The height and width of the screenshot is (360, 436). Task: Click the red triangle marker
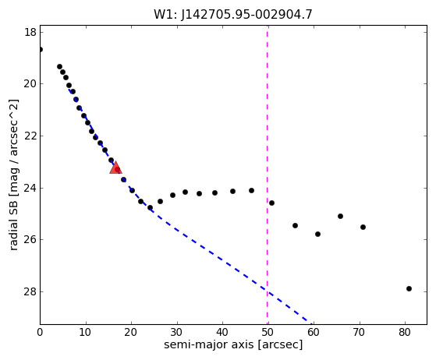(115, 168)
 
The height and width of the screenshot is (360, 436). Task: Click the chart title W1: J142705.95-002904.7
(233, 15)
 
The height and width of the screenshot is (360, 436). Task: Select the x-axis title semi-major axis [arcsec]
(233, 344)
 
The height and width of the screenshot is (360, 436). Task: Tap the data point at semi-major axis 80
(409, 288)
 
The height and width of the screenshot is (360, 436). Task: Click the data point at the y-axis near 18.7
(41, 49)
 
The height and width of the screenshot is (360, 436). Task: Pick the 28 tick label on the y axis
(30, 291)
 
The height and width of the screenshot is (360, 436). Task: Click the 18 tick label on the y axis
(30, 32)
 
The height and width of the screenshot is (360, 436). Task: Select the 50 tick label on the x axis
(268, 332)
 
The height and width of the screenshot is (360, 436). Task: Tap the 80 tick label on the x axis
(404, 332)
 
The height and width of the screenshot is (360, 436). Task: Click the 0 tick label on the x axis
(40, 332)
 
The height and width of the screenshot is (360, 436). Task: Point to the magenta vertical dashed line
(268, 175)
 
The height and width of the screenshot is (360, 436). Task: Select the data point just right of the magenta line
(271, 203)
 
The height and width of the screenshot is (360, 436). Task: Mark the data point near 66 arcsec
(340, 216)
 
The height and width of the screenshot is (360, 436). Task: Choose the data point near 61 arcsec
(317, 235)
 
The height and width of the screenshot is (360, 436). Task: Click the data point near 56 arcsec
(295, 225)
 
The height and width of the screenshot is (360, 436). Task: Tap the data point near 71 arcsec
(363, 227)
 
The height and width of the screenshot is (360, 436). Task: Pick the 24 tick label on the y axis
(30, 188)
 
